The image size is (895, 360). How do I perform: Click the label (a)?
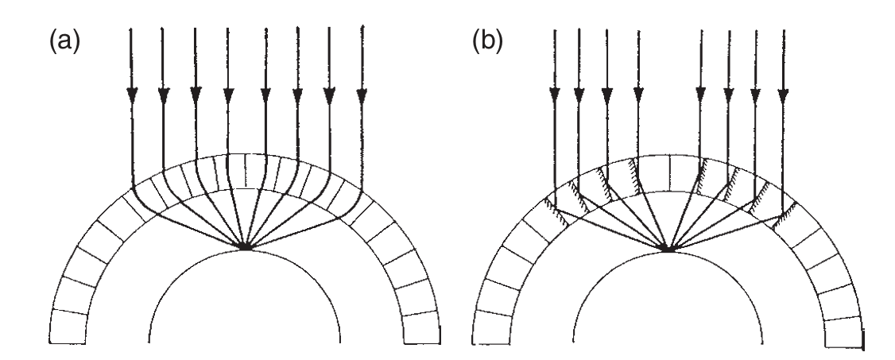coord(60,41)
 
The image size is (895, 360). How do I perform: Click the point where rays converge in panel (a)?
coord(246,248)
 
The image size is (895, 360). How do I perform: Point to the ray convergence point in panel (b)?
coord(668,250)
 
